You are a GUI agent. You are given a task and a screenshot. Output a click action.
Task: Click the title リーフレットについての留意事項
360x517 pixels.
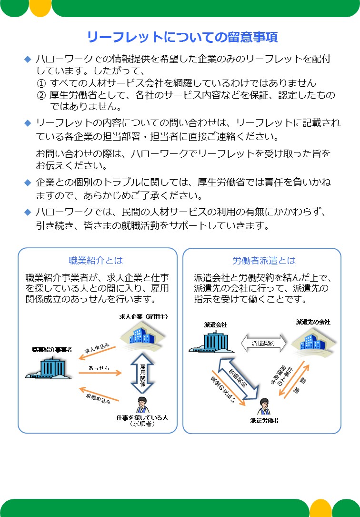point(182,37)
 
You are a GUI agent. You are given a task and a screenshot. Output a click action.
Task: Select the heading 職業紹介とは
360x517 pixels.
point(96,261)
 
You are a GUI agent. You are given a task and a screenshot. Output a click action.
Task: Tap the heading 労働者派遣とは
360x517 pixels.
point(264,261)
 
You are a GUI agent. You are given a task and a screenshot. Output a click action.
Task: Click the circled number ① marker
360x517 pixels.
point(41,83)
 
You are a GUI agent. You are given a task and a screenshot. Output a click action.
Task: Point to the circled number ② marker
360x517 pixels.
point(41,95)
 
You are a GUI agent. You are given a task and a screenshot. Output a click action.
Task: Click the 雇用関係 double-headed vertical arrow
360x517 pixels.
point(142,373)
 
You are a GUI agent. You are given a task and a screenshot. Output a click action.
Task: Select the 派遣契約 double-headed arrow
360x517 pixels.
point(263,343)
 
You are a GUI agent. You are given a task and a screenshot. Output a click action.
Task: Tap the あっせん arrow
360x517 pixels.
point(100,373)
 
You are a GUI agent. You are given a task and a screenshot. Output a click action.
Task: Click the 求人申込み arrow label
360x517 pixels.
point(97,348)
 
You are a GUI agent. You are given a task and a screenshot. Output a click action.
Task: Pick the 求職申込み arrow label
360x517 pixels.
point(98,399)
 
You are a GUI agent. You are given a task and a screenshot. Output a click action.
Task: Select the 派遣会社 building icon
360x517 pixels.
point(211,341)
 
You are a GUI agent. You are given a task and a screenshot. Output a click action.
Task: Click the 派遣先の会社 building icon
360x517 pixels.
point(313,342)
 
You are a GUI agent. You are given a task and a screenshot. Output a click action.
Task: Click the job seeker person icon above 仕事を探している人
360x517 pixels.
point(142,405)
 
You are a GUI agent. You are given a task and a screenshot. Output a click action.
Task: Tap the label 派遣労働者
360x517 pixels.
point(264,420)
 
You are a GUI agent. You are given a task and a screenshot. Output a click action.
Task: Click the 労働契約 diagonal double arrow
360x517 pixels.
point(239,379)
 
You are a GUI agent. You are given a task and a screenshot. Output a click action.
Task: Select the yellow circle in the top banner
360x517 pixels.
point(40,7)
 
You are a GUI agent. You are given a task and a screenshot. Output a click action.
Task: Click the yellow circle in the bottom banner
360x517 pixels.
point(321,508)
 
